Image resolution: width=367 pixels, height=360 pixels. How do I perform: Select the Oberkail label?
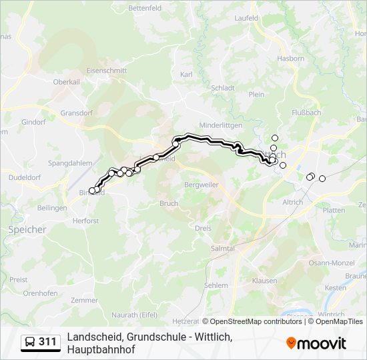pyautogui.click(x=67, y=82)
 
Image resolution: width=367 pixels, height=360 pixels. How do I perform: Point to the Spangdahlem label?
pyautogui.click(x=69, y=163)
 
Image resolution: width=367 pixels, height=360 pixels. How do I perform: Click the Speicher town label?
pyautogui.click(x=27, y=229)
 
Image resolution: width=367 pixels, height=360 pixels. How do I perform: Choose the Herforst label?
pyautogui.click(x=85, y=221)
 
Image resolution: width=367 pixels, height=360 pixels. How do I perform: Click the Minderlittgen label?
pyautogui.click(x=221, y=125)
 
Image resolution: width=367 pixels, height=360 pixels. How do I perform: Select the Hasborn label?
pyautogui.click(x=291, y=59)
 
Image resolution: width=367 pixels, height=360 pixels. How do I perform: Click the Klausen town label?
pyautogui.click(x=264, y=281)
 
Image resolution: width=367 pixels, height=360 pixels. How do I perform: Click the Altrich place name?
pyautogui.click(x=292, y=202)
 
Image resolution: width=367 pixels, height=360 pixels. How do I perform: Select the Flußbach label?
pyautogui.click(x=306, y=113)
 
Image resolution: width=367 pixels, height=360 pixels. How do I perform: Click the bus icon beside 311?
pyautogui.click(x=29, y=342)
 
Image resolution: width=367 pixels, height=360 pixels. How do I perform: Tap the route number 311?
pyautogui.click(x=47, y=342)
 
